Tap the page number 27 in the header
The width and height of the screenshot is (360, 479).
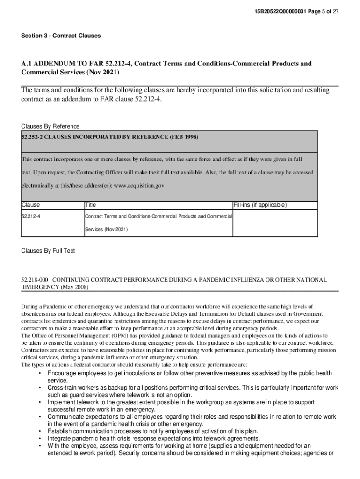tap(335, 11)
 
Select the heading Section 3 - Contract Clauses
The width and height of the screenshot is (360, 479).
tap(61, 36)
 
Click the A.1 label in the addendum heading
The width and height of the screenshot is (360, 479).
tap(26, 64)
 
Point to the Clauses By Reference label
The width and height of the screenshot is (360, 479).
tap(50, 126)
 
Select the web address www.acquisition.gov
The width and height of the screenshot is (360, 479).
tap(139, 185)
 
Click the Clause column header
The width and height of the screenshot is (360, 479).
tap(31, 205)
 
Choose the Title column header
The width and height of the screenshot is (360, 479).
tap(90, 205)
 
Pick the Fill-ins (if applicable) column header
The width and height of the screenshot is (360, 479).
tap(260, 205)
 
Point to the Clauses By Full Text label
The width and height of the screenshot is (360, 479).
tap(48, 251)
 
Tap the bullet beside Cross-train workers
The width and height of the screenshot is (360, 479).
tap(41, 388)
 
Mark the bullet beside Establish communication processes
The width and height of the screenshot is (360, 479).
tap(41, 431)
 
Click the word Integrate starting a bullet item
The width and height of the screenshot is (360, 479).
tap(59, 438)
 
